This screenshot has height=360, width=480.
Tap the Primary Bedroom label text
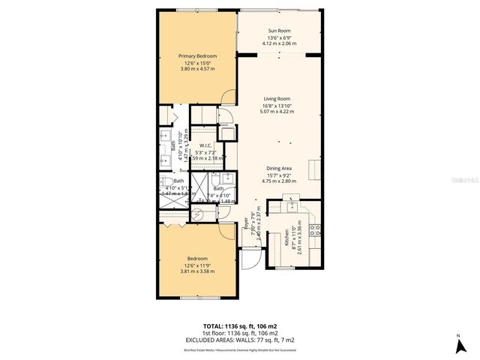point(196,55)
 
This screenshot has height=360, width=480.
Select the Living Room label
point(277,98)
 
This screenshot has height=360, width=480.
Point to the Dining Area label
point(277,168)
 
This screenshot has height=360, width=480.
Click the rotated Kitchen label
point(286,238)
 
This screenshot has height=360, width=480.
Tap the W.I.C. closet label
point(205,145)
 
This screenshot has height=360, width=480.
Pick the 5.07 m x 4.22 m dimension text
point(277,111)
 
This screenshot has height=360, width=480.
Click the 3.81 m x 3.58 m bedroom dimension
point(196,271)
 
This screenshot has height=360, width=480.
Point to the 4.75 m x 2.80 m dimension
point(277,181)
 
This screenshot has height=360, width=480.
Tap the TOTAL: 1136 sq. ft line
point(240,326)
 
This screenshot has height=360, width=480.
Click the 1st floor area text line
point(240,332)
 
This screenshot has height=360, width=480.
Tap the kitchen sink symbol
point(292,205)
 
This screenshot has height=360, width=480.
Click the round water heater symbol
point(198,214)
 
